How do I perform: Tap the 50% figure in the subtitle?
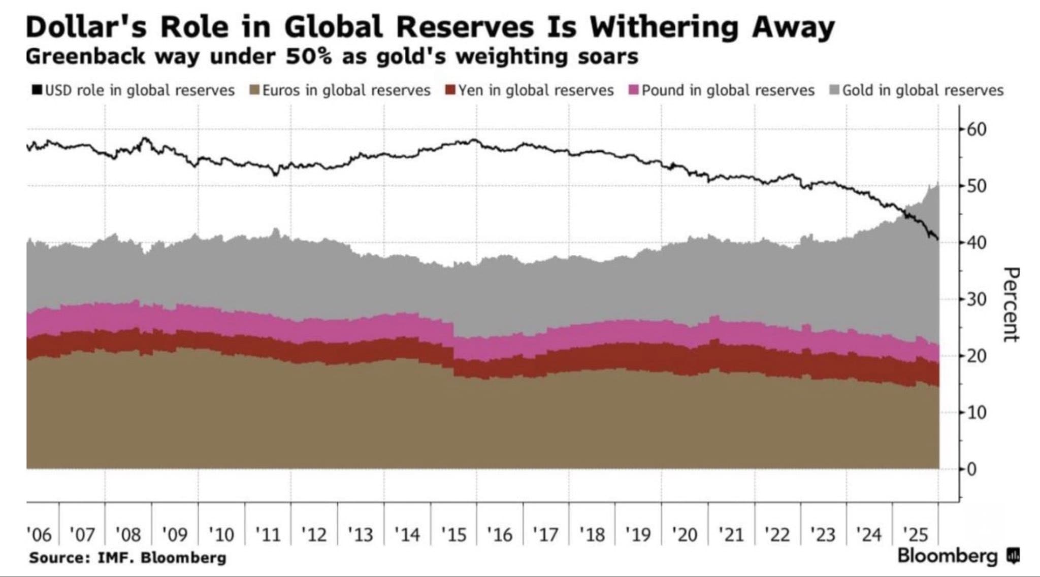[x=308, y=56]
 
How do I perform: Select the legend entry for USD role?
[x=134, y=90]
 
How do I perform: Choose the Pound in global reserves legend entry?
[x=722, y=90]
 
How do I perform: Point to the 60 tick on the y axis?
[x=976, y=129]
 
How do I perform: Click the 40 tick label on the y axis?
[x=976, y=243]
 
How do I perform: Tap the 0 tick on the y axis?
[x=970, y=469]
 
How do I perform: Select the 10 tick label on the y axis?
[x=976, y=413]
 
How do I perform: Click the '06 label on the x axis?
[x=39, y=534]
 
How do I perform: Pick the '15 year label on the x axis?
[x=453, y=534]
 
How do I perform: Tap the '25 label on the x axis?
[x=916, y=534]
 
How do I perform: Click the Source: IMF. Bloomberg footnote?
[x=127, y=558]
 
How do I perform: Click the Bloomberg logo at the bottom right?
[x=957, y=556]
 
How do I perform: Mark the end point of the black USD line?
[x=937, y=239]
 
